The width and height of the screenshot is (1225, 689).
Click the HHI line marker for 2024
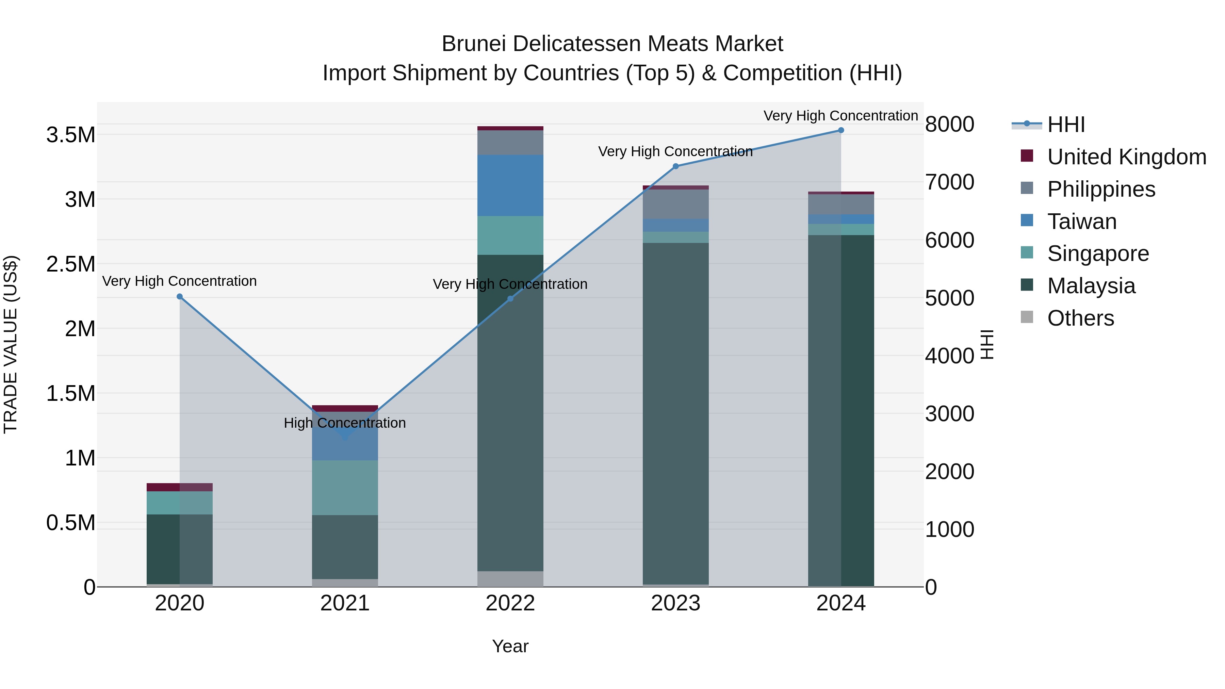(841, 130)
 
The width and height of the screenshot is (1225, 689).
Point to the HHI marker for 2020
(180, 297)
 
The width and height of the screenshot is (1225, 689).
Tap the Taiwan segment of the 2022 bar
(510, 185)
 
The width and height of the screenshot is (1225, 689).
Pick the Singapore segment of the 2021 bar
(345, 487)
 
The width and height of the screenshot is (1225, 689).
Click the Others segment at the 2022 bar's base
(510, 579)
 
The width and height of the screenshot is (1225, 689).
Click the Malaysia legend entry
(1091, 286)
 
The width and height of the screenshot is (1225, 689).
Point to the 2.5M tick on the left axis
(70, 264)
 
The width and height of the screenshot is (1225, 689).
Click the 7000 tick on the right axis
(949, 182)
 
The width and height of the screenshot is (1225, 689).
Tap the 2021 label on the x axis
(345, 603)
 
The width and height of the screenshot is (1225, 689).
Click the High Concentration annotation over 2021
(345, 423)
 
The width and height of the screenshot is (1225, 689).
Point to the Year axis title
(510, 646)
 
